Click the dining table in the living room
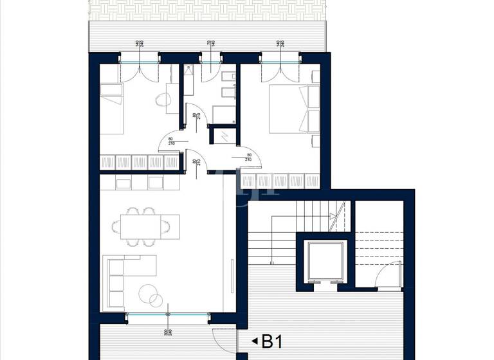pos(142,225)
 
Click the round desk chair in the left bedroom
pos(163,100)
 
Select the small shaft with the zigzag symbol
pos(223,136)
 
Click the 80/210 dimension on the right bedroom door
pos(249,156)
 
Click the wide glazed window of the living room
pos(168,315)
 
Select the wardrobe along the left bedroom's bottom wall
pos(139,163)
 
